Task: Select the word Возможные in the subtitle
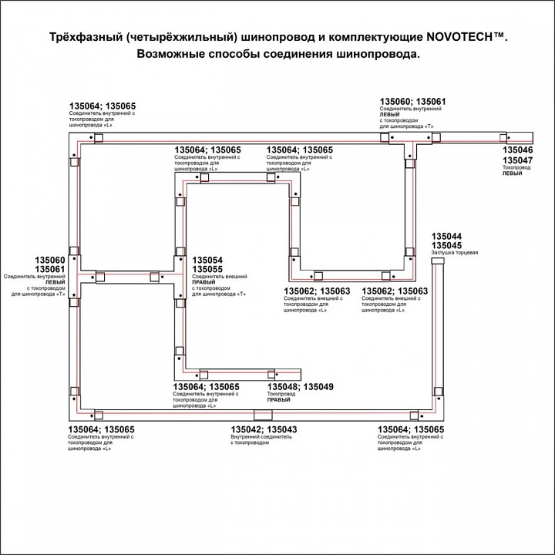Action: (173, 55)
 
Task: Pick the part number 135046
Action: (517, 151)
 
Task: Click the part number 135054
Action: (207, 261)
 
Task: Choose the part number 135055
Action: (207, 269)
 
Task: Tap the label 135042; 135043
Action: (264, 429)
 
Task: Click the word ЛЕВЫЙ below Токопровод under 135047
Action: (512, 173)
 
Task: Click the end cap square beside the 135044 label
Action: (436, 264)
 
